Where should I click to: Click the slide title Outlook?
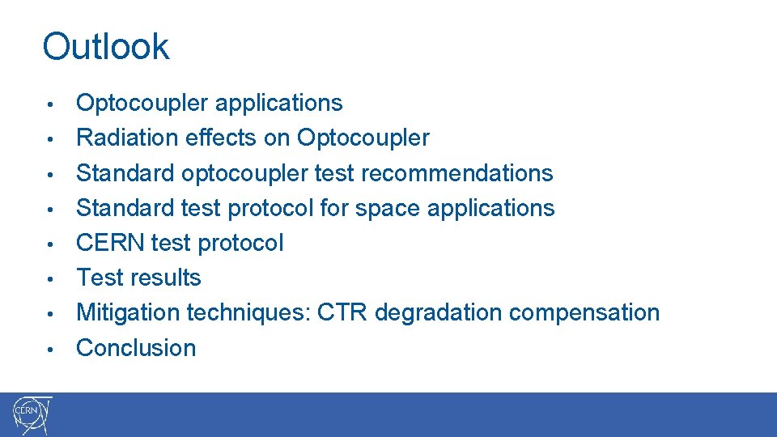point(105,47)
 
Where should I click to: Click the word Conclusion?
point(136,348)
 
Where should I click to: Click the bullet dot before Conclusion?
point(50,349)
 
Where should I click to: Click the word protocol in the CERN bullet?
point(240,243)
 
